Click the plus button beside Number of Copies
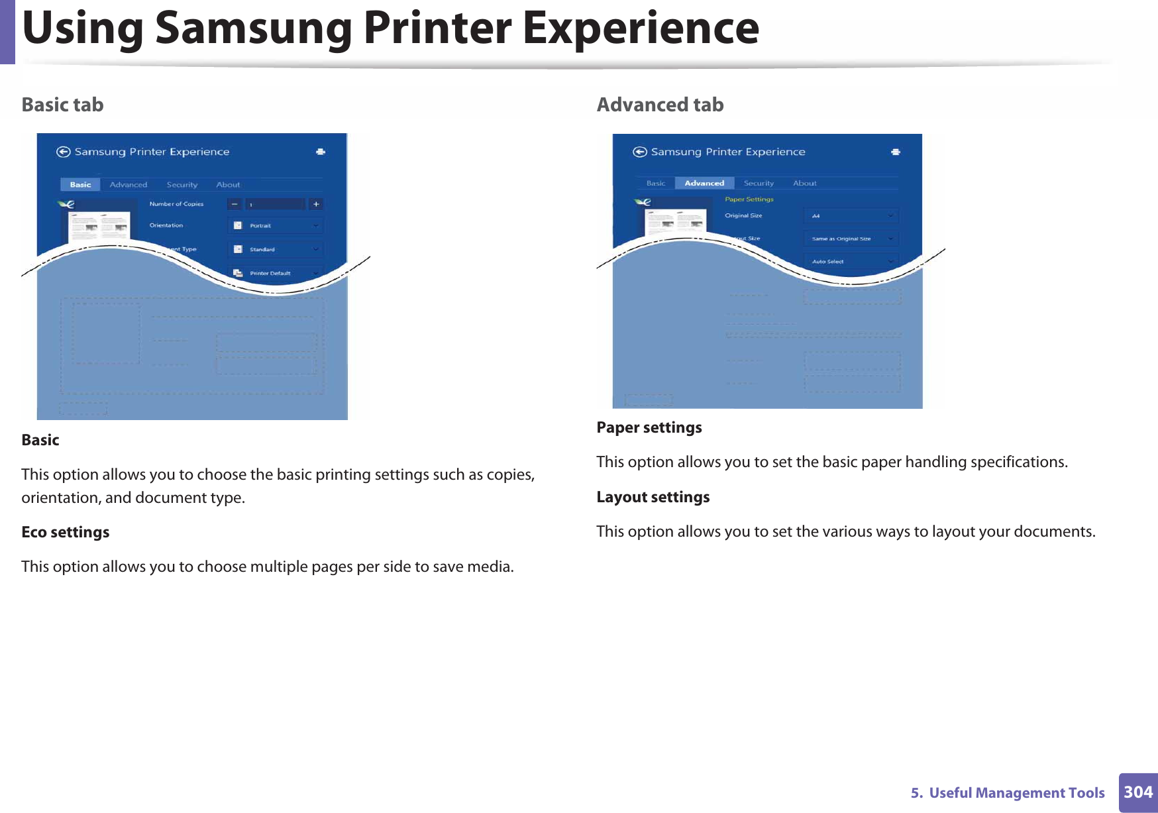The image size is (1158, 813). tap(316, 204)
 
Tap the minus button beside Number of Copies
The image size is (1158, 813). tap(235, 204)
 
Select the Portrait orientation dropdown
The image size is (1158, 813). tap(276, 226)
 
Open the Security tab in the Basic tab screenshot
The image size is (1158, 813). tap(182, 185)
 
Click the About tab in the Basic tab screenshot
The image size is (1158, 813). tap(228, 185)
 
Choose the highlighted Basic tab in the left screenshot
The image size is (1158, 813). tap(80, 185)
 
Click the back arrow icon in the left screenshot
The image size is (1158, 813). tap(64, 152)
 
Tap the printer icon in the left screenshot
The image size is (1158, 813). tap(321, 152)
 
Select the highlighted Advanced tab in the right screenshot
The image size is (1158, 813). tap(704, 184)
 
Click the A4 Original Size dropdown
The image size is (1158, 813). tap(852, 216)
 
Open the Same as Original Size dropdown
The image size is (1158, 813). tap(852, 239)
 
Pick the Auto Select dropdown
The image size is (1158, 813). tap(852, 262)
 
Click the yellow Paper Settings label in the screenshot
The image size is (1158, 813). tap(749, 199)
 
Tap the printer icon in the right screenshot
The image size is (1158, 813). tap(896, 152)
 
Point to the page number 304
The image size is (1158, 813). tap(1138, 792)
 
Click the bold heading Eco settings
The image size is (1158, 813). tap(66, 532)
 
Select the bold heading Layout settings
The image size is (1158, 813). tap(653, 497)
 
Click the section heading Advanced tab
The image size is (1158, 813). tap(660, 105)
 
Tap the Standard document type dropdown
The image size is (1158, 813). tap(276, 250)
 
